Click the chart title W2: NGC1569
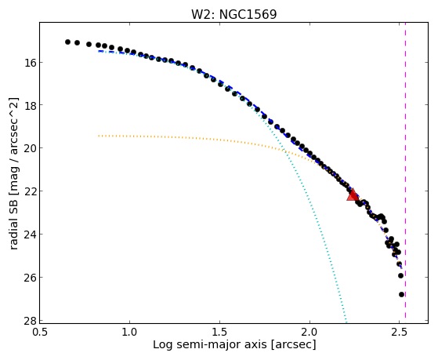233,14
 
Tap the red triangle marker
353,195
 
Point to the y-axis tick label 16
30,63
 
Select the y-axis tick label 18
30,105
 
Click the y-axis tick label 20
30,148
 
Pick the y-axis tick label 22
30,191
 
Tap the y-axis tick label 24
30,235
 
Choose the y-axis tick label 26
30,277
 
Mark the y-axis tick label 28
30,320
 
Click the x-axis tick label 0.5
40,332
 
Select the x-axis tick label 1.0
129,332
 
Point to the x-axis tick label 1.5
220,332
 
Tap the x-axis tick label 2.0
309,332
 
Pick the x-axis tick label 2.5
400,332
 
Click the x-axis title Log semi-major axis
210,344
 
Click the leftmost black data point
67,42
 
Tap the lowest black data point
402,295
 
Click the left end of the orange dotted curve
99,136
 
